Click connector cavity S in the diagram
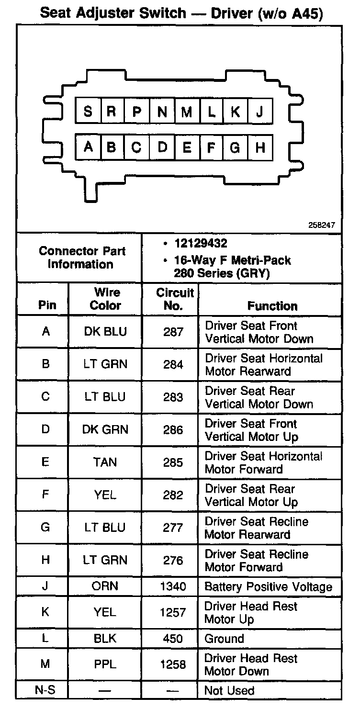tap(88, 112)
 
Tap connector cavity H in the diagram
tap(260, 147)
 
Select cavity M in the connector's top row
tap(186, 112)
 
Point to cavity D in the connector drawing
tap(162, 147)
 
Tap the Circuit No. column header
tap(170, 299)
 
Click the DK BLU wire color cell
tap(105, 332)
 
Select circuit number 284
tap(173, 365)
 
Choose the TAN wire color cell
tap(105, 462)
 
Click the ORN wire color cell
tap(105, 586)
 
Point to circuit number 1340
tap(173, 586)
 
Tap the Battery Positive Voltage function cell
tap(268, 586)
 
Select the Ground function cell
tap(224, 639)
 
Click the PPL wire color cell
tap(105, 664)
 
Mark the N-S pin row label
tap(46, 690)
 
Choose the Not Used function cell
tap(229, 690)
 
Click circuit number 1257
tap(173, 613)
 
